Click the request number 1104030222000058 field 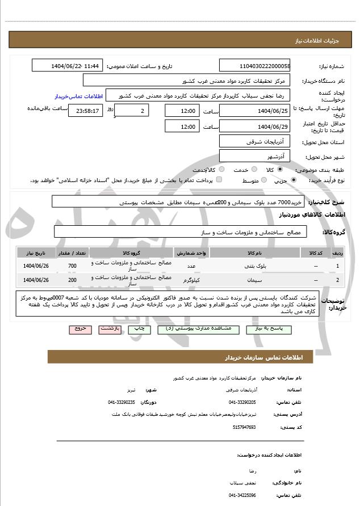pos(254,66)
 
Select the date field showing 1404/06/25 pos(254,111)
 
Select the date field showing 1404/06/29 pos(254,126)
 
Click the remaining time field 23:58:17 pos(85,111)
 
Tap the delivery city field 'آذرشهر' pos(254,155)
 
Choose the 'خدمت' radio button pos(253,170)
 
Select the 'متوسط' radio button pos(264,180)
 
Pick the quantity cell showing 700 pos(72,265)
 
